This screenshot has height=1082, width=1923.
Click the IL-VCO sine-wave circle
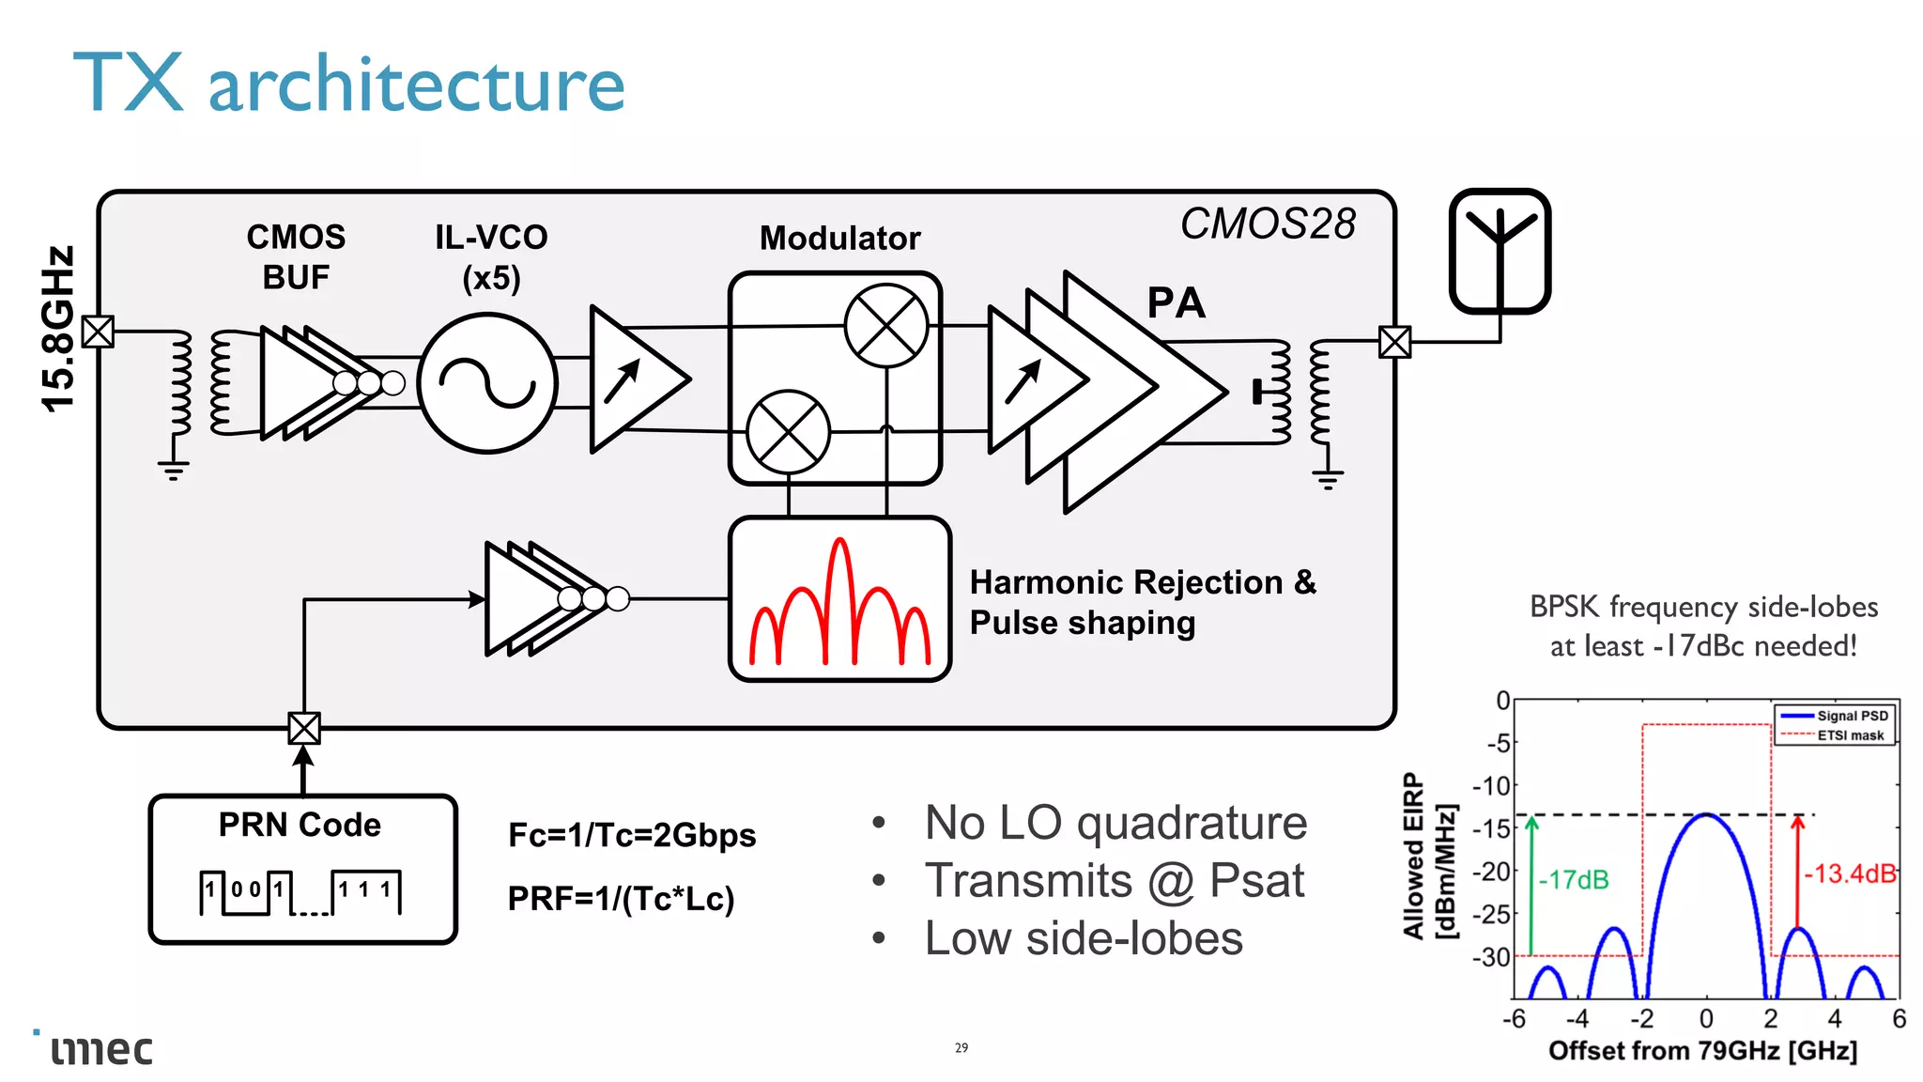click(x=487, y=383)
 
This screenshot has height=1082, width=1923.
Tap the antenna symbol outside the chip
click(x=1500, y=251)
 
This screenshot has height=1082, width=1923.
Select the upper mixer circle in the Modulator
click(x=886, y=326)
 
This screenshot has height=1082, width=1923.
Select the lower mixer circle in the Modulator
click(x=789, y=432)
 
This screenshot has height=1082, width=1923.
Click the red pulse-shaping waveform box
click(x=839, y=599)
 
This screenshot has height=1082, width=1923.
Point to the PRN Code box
click(x=302, y=869)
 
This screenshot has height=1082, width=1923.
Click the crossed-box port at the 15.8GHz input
click(x=98, y=332)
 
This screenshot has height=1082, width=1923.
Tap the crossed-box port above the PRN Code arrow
click(x=304, y=728)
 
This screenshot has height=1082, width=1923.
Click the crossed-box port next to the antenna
click(x=1394, y=342)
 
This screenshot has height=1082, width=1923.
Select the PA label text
click(x=1176, y=303)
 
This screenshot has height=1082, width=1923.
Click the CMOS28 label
click(x=1268, y=224)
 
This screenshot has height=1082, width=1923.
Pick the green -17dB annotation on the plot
click(x=1574, y=880)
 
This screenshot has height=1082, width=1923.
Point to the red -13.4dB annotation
click(x=1849, y=873)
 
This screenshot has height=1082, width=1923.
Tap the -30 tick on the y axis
click(x=1491, y=957)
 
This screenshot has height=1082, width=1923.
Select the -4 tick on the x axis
click(x=1577, y=1018)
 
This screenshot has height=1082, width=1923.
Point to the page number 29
click(x=961, y=1047)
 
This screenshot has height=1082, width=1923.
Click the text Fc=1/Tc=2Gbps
click(x=632, y=835)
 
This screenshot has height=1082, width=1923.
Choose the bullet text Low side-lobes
click(x=1084, y=938)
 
